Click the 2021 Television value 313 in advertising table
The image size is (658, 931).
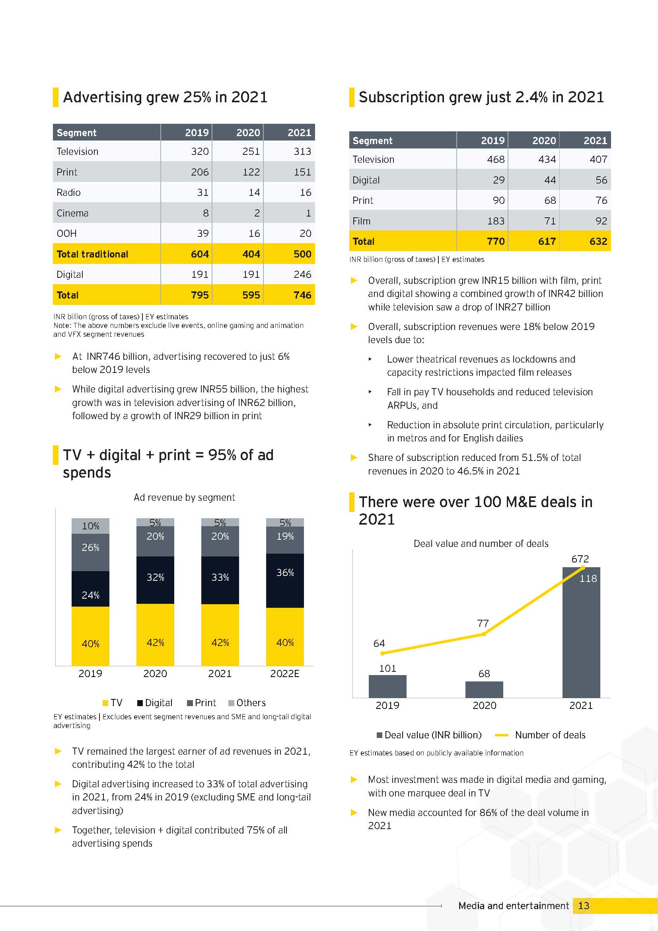[302, 151]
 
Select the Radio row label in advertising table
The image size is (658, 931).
[68, 192]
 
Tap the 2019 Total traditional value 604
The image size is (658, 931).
[200, 254]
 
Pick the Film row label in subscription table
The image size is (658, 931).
[361, 221]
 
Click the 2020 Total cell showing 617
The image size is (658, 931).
[547, 241]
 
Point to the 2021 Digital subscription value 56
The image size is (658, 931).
[601, 180]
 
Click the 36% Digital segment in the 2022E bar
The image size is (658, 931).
[285, 581]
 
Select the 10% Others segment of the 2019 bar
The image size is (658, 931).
[90, 526]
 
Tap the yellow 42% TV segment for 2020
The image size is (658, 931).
[155, 634]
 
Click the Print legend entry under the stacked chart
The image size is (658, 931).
[201, 703]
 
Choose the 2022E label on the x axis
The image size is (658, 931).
[285, 673]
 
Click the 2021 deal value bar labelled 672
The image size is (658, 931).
[581, 632]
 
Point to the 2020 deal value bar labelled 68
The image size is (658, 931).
[484, 689]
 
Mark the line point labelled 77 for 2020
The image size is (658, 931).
[484, 634]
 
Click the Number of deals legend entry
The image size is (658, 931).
[540, 735]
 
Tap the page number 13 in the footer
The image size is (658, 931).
[584, 906]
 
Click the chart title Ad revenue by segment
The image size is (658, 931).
[184, 497]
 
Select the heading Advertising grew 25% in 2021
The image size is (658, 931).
[165, 97]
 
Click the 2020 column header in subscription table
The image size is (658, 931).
[544, 140]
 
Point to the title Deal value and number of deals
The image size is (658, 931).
[481, 543]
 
